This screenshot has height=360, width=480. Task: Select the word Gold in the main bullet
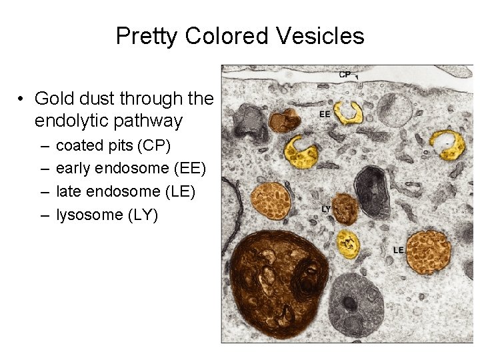coord(53,99)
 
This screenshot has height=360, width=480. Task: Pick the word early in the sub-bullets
coord(73,169)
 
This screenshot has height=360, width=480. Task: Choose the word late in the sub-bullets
coord(68,192)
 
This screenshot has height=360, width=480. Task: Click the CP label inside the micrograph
coord(345,75)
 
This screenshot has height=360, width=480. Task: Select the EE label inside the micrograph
coord(325,114)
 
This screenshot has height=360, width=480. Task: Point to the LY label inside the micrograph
coord(326,209)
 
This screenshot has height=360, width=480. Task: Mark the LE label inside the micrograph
coord(398,250)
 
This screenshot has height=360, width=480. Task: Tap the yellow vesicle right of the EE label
coord(348,113)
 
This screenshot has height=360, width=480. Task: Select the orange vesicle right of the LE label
coord(429,251)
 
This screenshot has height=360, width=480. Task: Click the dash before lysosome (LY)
coord(43,216)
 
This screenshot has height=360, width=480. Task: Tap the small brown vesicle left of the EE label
coord(284,121)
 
